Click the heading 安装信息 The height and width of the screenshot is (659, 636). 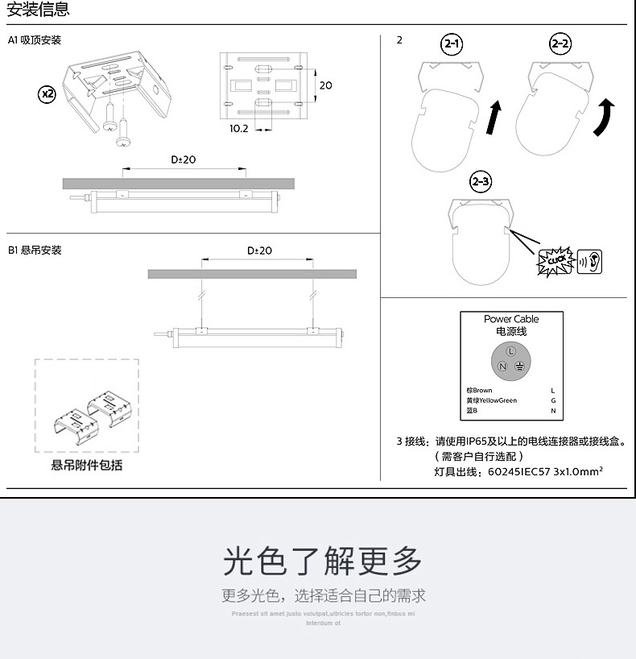tap(38, 10)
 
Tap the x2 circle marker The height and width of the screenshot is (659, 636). tap(47, 94)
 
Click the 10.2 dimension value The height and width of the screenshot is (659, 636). tap(239, 128)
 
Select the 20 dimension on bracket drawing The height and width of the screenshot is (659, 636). tap(325, 85)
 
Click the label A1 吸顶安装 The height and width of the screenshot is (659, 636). tap(35, 40)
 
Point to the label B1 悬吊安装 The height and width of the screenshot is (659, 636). tap(35, 251)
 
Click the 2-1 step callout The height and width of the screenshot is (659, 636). tap(452, 45)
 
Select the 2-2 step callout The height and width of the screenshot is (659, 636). tap(560, 45)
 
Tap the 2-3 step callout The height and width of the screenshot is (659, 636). tap(481, 181)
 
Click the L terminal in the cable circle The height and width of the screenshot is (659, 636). tap(510, 352)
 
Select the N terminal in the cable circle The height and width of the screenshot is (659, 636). tap(502, 367)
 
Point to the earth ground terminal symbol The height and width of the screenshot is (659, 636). tap(520, 367)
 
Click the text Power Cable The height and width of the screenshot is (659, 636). tap(511, 320)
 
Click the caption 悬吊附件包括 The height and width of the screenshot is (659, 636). tap(87, 466)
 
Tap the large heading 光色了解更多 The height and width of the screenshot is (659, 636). tap(323, 561)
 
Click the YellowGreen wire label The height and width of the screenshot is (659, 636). tap(491, 400)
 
